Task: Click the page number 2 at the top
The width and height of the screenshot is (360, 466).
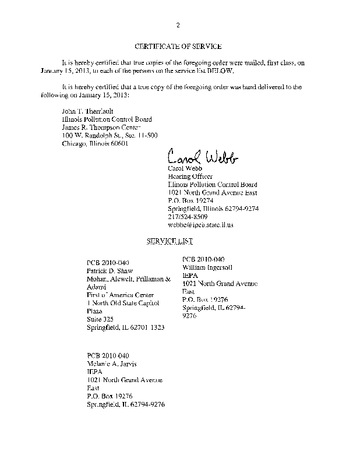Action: [x=178, y=24]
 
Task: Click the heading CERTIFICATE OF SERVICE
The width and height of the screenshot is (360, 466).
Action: [x=178, y=46]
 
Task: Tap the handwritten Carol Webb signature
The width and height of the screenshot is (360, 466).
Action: [x=202, y=157]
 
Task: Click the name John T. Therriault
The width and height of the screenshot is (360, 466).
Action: [x=87, y=111]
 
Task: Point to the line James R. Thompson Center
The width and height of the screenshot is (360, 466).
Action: [x=101, y=127]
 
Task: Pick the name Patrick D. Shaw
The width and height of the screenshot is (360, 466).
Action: [x=110, y=271]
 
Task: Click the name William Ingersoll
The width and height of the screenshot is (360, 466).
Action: [x=208, y=267]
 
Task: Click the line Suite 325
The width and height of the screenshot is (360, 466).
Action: [x=100, y=319]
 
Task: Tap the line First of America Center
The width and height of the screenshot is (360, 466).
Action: [x=120, y=295]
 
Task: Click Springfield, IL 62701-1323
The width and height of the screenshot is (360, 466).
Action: [x=125, y=327]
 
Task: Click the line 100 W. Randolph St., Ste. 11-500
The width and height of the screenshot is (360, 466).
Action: [x=110, y=135]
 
